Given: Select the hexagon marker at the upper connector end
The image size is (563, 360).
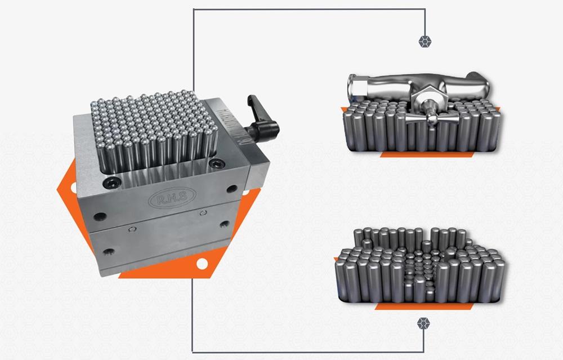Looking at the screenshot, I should (425, 41).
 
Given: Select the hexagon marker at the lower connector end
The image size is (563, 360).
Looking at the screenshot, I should (423, 323).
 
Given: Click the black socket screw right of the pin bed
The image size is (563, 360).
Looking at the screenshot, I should (215, 164).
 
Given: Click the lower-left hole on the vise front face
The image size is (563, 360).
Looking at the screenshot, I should (107, 251).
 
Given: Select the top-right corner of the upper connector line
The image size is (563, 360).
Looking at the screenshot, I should (425, 9).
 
